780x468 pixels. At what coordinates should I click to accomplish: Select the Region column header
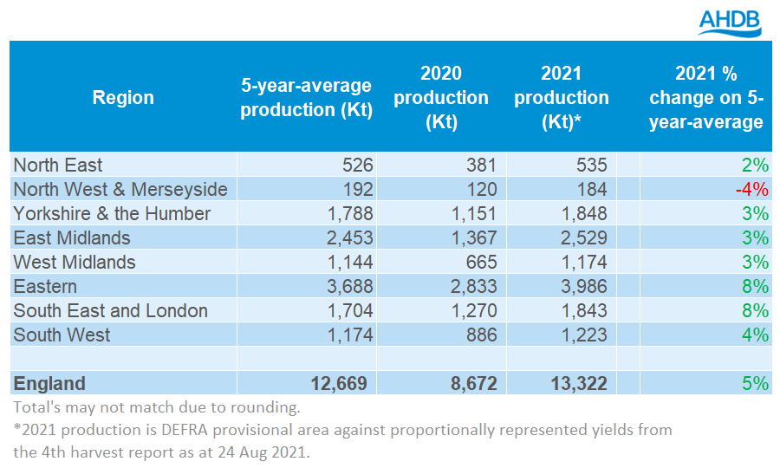pos(123,97)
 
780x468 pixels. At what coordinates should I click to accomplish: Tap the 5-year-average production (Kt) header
pos(306,97)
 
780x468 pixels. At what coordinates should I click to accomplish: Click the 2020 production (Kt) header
pos(440,97)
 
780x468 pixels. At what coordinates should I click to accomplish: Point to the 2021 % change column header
pos(706,97)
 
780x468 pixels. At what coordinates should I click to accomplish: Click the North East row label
pos(58,165)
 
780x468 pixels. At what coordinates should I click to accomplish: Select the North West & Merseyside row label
pos(120,189)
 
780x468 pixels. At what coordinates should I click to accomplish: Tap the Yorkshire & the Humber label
pos(112,213)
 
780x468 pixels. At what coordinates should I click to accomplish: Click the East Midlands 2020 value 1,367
pos(473,237)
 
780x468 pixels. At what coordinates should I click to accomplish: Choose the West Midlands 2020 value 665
pos(481,262)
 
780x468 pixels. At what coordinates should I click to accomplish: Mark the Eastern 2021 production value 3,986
pos(583,286)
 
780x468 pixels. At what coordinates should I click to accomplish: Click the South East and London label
pos(111,310)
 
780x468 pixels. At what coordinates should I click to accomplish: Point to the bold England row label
pos(49,383)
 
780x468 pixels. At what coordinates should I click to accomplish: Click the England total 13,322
pos(577,383)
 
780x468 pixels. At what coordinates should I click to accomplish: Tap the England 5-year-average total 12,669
pos(338,383)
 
